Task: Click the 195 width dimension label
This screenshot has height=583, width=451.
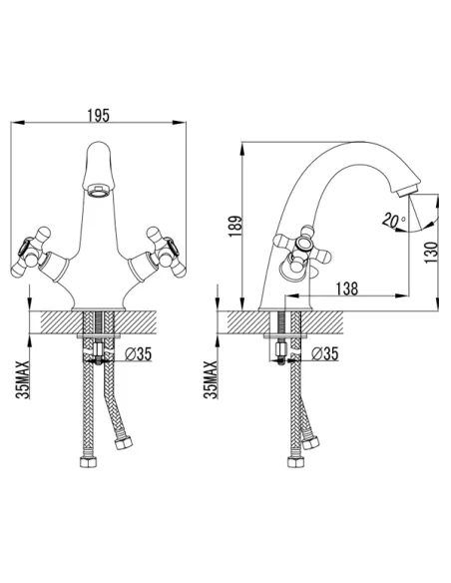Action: click(x=99, y=115)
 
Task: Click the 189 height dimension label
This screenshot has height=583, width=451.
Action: click(x=235, y=226)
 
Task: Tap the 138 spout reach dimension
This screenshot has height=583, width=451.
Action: click(x=347, y=289)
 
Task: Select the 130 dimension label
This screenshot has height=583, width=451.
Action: click(x=431, y=253)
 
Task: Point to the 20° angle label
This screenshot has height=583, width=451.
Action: click(x=393, y=220)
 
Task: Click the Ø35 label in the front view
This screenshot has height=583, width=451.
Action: click(x=139, y=354)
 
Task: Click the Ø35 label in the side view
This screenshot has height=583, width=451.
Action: click(x=325, y=353)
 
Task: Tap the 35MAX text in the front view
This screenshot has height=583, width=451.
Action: click(x=23, y=379)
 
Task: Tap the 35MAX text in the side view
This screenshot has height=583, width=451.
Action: click(x=211, y=379)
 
